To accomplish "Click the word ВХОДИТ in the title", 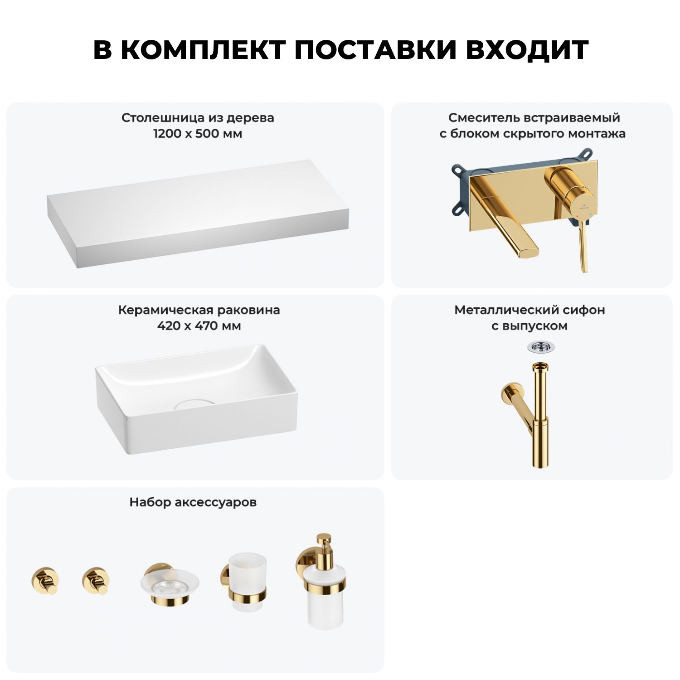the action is (527, 50).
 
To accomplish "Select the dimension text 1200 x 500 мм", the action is (198, 134).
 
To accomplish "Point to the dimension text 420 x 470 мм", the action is (199, 326).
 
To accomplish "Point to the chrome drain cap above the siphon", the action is (540, 347).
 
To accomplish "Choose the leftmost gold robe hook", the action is (45, 581).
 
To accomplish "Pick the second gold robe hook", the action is (96, 581).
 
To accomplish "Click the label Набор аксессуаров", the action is (193, 502).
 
